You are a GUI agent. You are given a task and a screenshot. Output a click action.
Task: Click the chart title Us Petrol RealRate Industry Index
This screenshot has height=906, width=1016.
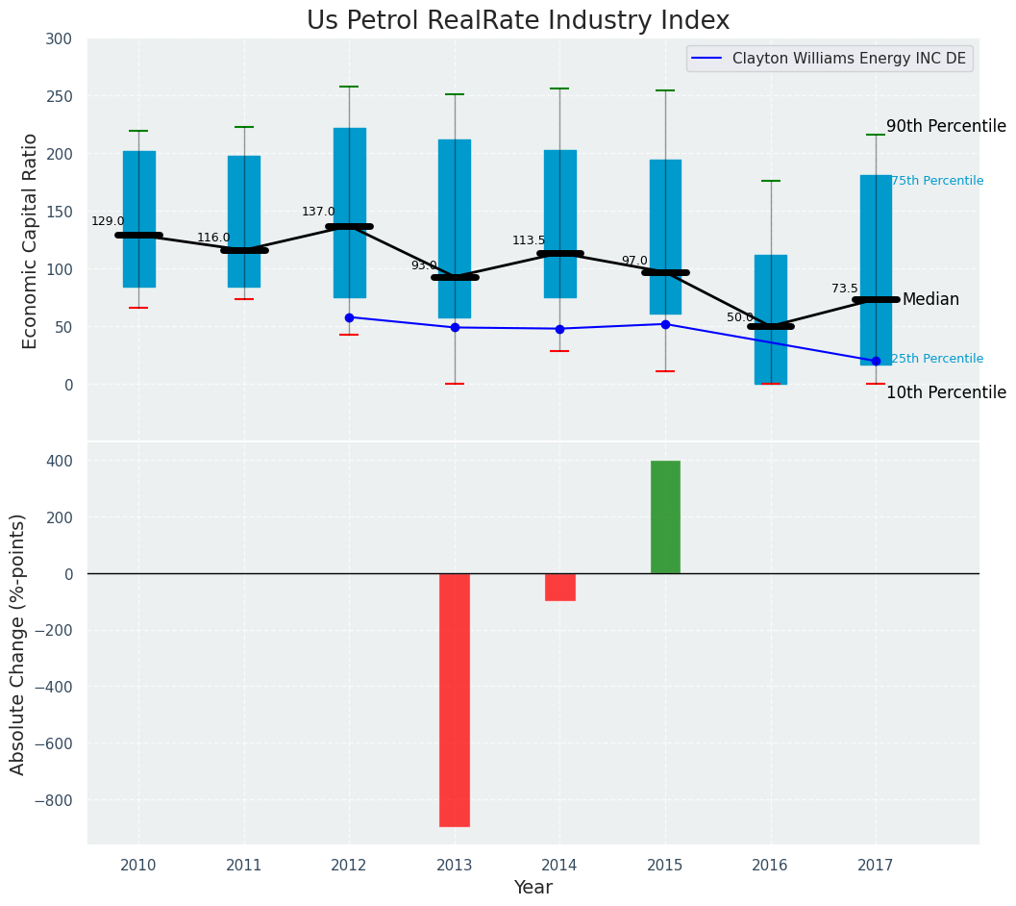click(518, 21)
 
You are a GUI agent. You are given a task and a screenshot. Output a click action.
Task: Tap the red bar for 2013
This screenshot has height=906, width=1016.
click(455, 699)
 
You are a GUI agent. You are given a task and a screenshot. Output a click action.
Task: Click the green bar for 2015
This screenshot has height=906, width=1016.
click(665, 516)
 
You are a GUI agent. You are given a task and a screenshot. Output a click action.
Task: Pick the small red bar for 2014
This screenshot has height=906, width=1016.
click(560, 587)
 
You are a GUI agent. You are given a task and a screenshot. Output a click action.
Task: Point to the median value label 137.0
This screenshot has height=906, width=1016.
click(318, 212)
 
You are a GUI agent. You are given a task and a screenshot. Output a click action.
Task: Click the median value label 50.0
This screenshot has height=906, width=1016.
click(740, 317)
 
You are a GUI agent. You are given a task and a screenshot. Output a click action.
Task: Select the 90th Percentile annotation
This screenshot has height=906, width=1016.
click(946, 126)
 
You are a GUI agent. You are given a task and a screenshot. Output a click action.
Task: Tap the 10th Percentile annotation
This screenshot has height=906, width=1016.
click(946, 392)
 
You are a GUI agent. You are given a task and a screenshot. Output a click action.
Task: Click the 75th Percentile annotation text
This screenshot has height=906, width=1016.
click(937, 181)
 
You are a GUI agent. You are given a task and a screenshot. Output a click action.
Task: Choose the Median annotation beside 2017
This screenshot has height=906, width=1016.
click(930, 299)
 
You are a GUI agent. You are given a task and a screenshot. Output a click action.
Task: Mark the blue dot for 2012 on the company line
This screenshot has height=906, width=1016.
click(349, 317)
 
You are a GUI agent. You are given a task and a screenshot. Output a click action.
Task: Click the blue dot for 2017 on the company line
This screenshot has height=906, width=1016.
click(876, 362)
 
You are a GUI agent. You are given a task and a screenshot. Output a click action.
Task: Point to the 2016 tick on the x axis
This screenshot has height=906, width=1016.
click(770, 866)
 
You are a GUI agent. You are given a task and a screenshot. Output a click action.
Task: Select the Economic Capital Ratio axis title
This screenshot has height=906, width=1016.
click(30, 240)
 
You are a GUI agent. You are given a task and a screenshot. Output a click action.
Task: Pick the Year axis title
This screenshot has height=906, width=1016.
click(533, 888)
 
